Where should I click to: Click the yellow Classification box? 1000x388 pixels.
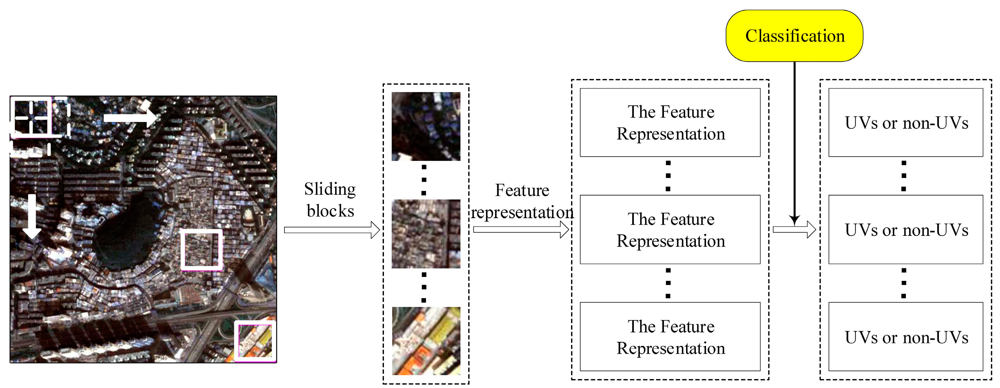[x=794, y=36]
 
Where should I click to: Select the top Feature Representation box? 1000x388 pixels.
[x=670, y=122]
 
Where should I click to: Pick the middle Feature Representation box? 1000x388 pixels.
[x=670, y=230]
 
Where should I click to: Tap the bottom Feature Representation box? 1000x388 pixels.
[x=670, y=336]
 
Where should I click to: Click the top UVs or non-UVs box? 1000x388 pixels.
[x=905, y=122]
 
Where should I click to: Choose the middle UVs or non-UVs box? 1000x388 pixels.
[x=905, y=230]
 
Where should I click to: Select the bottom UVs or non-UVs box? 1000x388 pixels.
[x=905, y=336]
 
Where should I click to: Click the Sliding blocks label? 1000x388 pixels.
[x=330, y=200]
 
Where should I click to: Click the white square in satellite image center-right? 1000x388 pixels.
[x=201, y=249]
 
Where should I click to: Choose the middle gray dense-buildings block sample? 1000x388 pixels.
[x=426, y=233]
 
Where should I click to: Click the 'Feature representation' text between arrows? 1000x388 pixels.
[x=522, y=201]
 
